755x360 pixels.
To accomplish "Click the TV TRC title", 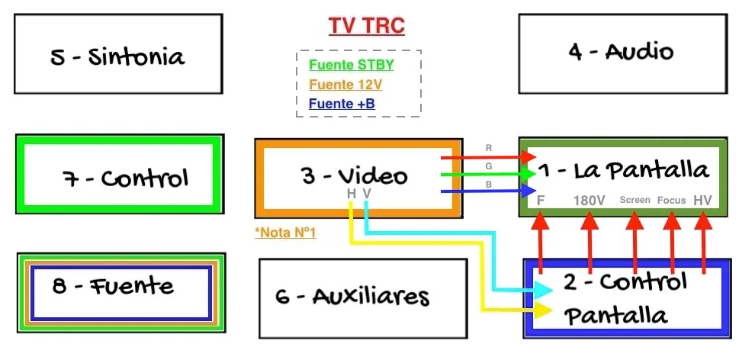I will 366,27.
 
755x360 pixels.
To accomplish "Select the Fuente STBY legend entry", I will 352,65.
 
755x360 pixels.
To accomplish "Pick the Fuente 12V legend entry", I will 345,85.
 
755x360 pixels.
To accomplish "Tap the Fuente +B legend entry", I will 342,104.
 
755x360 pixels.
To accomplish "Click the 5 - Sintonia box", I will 118,54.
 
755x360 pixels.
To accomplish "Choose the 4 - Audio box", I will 622,53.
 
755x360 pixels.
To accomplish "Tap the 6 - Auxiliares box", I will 362,297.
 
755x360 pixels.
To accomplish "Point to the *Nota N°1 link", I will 286,233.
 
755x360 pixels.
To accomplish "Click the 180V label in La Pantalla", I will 589,201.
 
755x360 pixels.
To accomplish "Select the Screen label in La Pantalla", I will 635,200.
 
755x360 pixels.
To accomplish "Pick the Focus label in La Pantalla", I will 672,201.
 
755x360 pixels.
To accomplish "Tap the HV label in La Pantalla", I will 703,201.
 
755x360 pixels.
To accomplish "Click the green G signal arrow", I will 488,175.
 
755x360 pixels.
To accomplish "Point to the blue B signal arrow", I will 488,191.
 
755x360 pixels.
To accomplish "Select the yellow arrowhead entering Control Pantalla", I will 542,310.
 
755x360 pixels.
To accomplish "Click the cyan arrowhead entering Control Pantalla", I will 542,290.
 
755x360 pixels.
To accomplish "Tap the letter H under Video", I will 352,194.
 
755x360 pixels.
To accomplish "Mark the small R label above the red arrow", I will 489,148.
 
